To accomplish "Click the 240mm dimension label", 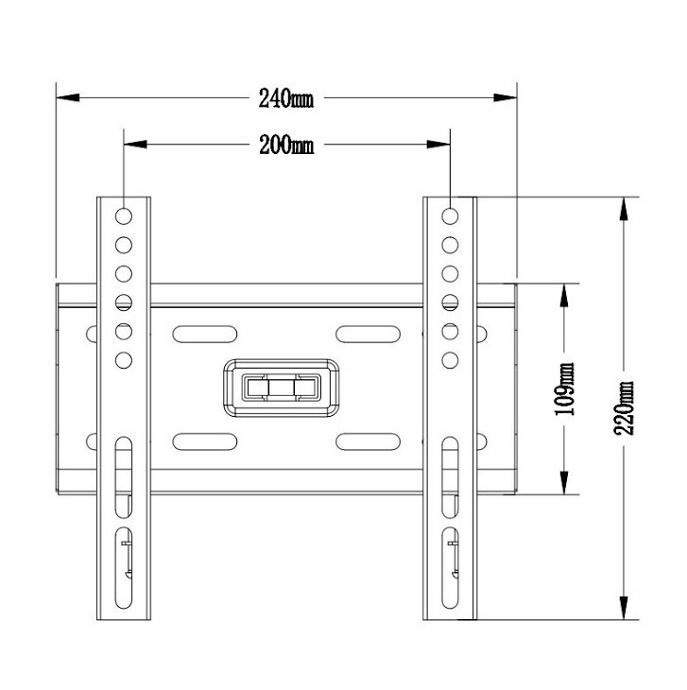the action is click(286, 98).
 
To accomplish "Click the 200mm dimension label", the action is click(286, 145).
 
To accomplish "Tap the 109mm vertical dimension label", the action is click(564, 389).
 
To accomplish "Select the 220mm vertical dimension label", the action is click(624, 408).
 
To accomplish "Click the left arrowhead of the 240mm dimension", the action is click(68, 97).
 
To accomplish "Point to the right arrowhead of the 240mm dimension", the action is click(505, 97).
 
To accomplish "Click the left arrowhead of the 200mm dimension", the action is click(135, 145).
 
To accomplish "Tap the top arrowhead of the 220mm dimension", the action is click(624, 209).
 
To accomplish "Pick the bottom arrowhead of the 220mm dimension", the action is click(624, 608).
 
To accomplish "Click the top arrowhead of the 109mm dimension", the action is click(564, 295).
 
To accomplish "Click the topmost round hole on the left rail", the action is click(124, 216).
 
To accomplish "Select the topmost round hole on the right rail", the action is click(450, 216).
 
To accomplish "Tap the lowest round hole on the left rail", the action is click(124, 360).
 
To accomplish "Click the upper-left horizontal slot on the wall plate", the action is click(205, 335).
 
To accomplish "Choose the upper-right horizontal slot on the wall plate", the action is click(369, 335).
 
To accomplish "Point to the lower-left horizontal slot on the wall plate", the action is click(205, 441).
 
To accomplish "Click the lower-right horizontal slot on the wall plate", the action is click(369, 441).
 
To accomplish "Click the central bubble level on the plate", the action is click(282, 388).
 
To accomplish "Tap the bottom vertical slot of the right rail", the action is click(450, 568).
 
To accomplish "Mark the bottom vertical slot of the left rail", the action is click(124, 568).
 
